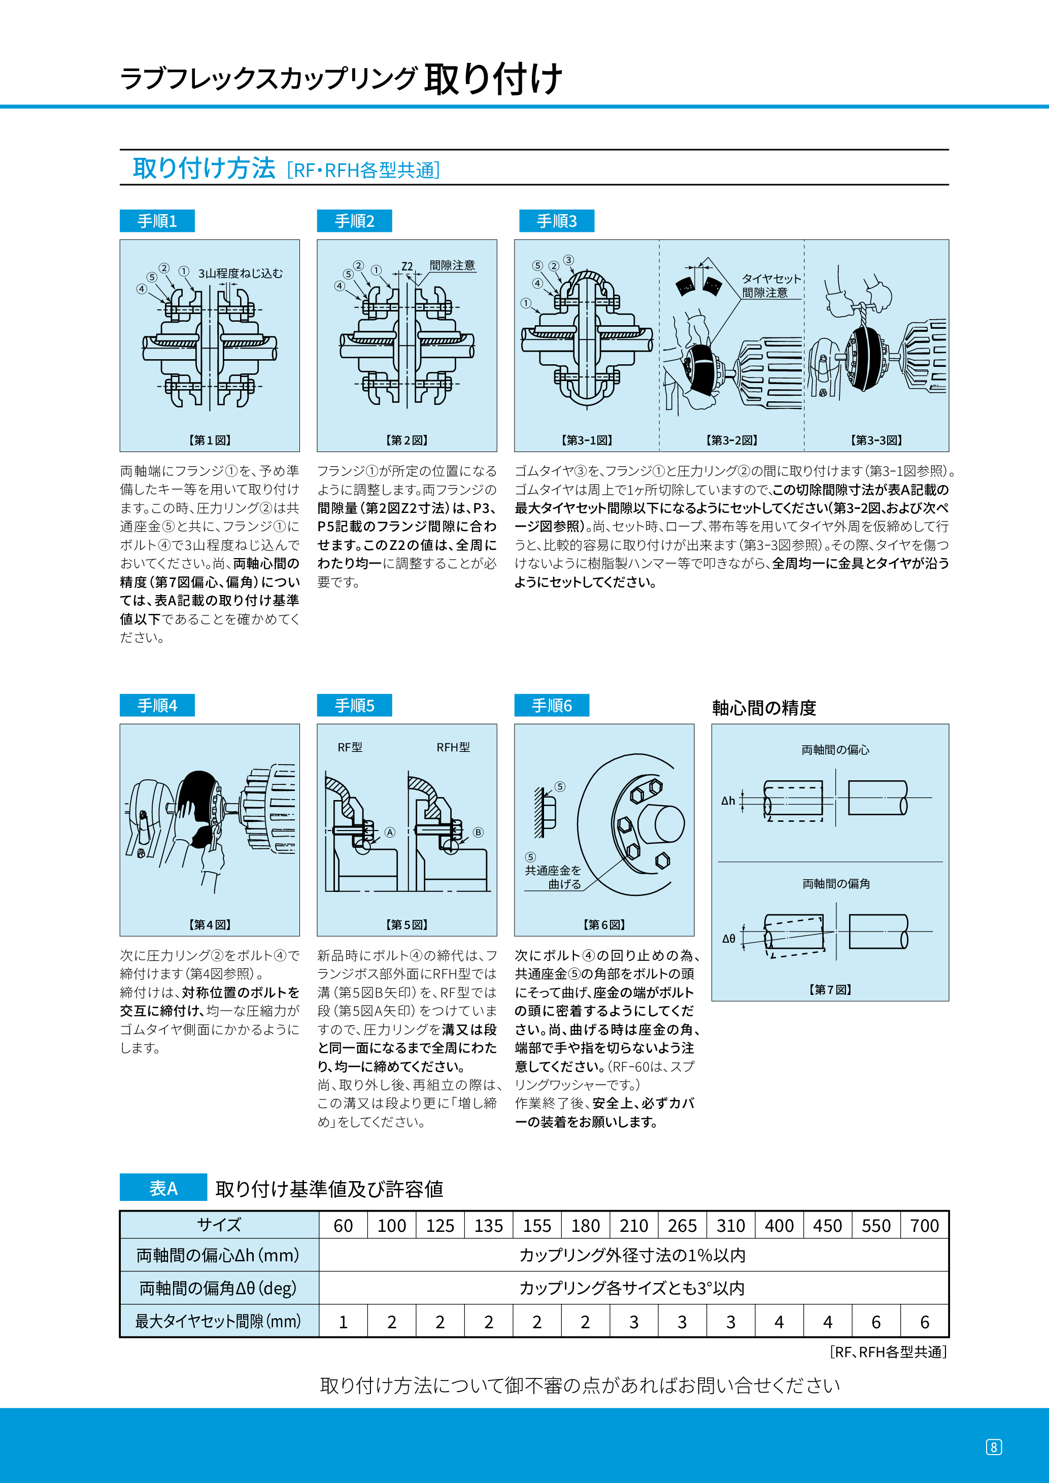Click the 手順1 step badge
point(157,221)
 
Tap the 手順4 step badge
point(157,705)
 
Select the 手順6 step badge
point(552,705)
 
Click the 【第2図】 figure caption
point(407,440)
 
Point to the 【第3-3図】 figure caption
point(876,440)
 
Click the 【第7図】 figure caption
point(830,989)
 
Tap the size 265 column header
point(682,1225)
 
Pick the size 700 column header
point(924,1225)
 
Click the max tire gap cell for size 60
point(343,1322)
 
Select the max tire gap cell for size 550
point(876,1322)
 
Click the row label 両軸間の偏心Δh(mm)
point(218,1255)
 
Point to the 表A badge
point(163,1188)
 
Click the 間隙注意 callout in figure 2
point(452,265)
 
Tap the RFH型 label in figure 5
point(453,747)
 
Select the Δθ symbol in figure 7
point(729,939)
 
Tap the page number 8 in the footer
point(994,1447)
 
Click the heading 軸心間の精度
point(764,708)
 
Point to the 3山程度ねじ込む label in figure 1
point(240,273)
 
